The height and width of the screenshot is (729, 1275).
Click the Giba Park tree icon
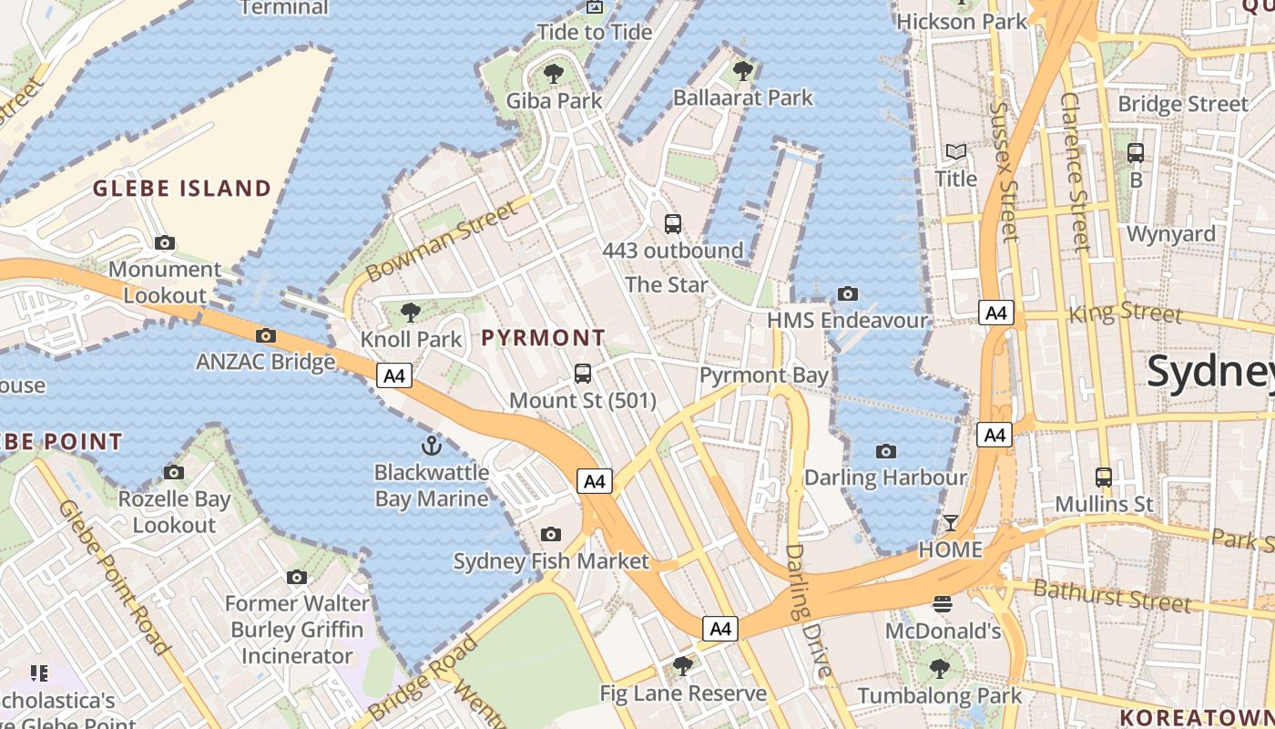pos(553,73)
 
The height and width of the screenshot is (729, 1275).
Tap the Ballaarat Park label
pos(742,97)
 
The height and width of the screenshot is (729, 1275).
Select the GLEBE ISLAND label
pos(182,189)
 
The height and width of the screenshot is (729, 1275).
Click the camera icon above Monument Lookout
pos(165,242)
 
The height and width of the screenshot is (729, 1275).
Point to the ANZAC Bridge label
pos(266,362)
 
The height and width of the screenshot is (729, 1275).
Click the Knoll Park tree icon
pos(411,313)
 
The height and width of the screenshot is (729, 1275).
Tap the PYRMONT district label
pos(543,337)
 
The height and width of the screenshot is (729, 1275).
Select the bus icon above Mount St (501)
pos(583,373)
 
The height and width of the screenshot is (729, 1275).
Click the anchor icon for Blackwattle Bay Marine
pos(431,446)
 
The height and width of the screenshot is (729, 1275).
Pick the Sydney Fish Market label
pos(551,560)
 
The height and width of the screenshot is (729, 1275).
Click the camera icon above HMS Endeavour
pos(848,293)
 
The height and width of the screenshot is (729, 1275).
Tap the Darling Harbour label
pos(885,477)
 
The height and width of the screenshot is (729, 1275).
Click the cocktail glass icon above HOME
pos(951,522)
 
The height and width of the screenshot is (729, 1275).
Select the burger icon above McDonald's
pos(943,603)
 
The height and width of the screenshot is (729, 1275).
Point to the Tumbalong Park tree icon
pos(940,669)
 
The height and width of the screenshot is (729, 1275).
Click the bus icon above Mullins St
pos(1104,477)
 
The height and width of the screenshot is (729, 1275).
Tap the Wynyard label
pos(1171,233)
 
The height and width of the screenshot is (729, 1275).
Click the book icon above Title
pos(956,152)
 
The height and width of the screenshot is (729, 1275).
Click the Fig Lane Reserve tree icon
pos(683,666)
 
